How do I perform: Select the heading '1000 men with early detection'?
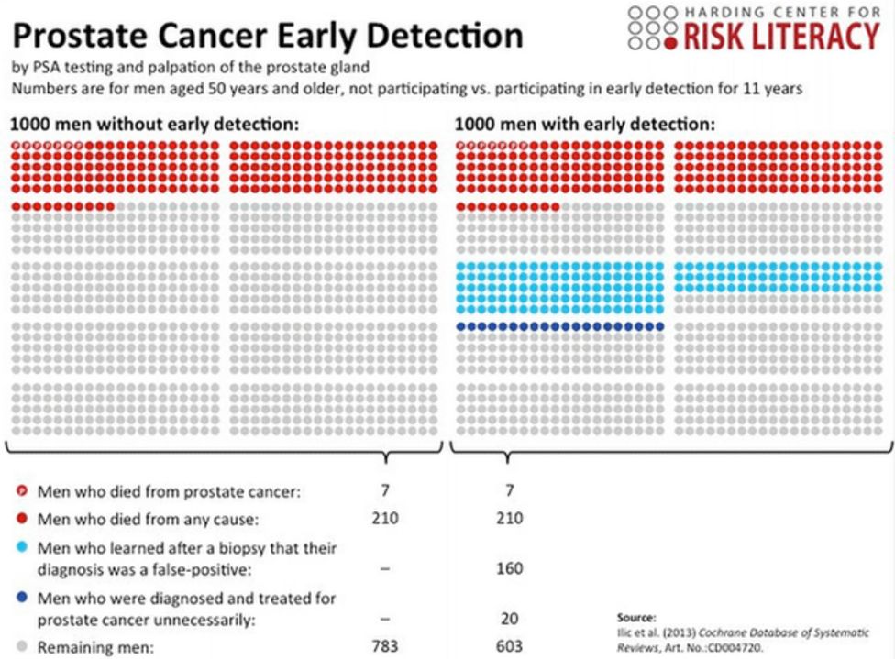[x=585, y=125]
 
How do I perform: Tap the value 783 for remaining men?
[x=385, y=646]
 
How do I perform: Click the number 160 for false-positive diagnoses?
[x=510, y=568]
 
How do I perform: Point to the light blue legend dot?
[x=21, y=548]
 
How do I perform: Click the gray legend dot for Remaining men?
[x=21, y=647]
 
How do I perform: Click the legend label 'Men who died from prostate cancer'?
[x=169, y=491]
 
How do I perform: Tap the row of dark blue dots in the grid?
[x=559, y=326]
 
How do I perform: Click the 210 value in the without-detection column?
[x=385, y=519]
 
